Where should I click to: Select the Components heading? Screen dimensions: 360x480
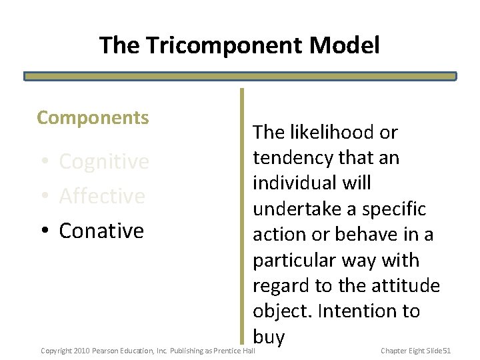pos(93,118)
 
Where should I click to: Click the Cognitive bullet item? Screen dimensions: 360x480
pos(103,161)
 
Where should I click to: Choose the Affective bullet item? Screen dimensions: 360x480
pos(101,196)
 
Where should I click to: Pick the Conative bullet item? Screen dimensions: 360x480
pos(101,231)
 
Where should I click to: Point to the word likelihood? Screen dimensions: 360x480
pos(331,132)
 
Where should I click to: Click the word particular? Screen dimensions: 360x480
pos(294,260)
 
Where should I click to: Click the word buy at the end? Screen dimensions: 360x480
pos(269,337)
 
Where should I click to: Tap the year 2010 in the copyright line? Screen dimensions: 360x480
pos(81,351)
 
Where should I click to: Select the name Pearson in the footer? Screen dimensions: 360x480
pos(105,351)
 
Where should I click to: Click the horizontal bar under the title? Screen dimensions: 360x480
pos(240,76)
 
